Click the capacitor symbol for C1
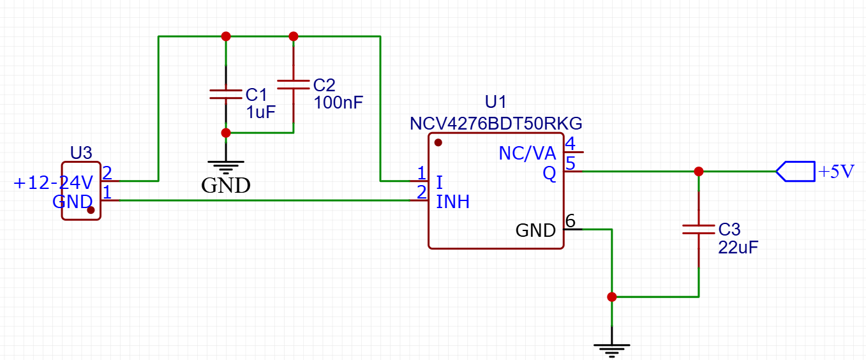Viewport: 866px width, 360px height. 225,94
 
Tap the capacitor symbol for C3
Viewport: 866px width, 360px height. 699,229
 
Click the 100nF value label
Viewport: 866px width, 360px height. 338,102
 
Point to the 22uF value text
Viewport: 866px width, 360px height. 738,248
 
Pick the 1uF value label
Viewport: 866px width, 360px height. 261,113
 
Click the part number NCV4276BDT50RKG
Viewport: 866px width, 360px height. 496,123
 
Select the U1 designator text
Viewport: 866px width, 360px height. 496,102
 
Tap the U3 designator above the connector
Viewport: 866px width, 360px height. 81,153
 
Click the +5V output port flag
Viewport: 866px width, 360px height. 796,171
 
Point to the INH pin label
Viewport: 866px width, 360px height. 453,202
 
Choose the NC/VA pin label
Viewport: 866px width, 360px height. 527,154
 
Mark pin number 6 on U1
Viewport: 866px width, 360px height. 571,221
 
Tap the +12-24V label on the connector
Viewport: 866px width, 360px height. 54,183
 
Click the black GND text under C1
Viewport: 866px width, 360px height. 225,186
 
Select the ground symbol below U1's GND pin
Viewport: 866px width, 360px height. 612,348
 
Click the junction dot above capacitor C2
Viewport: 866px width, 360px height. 294,36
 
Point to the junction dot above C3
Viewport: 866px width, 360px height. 699,171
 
